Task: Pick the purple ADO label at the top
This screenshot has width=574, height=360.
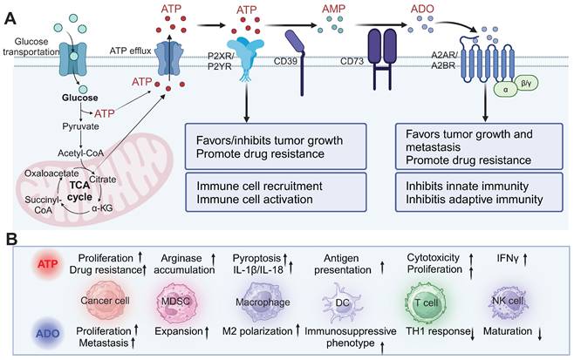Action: click(x=422, y=9)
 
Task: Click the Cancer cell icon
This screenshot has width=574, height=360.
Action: click(x=104, y=302)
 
